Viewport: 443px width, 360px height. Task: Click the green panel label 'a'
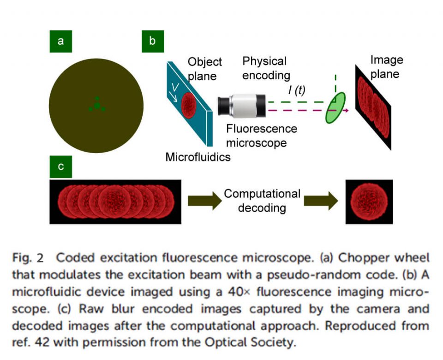click(60, 41)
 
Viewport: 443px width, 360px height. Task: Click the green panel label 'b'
click(152, 41)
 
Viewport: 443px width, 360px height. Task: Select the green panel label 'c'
click(60, 167)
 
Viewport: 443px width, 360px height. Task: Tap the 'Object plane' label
click(204, 69)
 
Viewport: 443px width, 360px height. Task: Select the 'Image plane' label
click(386, 66)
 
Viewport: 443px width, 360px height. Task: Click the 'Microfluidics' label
click(198, 157)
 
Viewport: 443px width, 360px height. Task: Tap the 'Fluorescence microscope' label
click(261, 136)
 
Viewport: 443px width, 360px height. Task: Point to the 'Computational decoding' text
click(262, 201)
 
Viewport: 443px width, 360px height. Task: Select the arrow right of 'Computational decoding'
click(322, 201)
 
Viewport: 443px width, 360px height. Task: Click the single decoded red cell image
click(369, 201)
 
